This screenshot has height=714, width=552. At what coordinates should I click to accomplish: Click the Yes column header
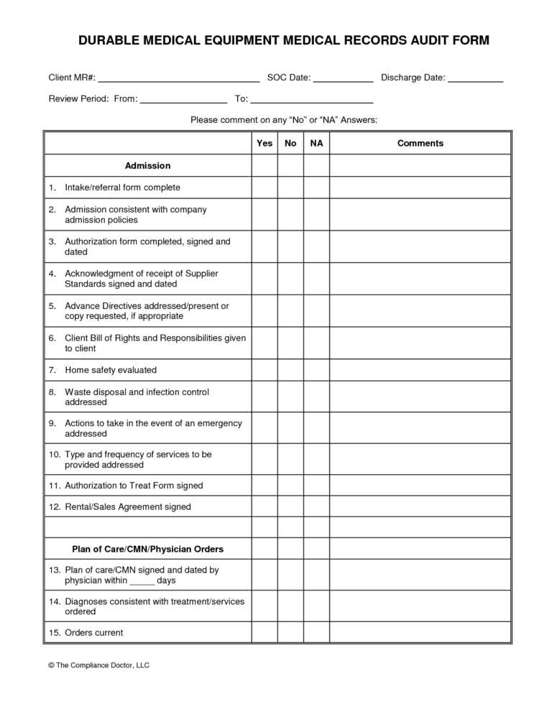point(264,144)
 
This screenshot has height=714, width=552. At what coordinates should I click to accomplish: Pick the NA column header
point(316,144)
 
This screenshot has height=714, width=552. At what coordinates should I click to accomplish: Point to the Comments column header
point(420,144)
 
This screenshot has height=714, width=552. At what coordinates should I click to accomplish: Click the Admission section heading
point(147,166)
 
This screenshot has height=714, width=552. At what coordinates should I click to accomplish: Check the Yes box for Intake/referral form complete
point(264,187)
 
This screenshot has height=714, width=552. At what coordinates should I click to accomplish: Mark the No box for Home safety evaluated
point(290,370)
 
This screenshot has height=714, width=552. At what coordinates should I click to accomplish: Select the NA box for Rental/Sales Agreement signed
point(316,507)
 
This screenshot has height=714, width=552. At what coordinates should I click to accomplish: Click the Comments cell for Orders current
point(420,633)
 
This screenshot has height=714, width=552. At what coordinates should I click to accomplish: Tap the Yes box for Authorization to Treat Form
point(264,486)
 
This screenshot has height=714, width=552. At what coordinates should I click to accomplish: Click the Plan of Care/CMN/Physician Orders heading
point(147,550)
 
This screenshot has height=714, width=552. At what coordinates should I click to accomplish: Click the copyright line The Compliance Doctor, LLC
point(98,666)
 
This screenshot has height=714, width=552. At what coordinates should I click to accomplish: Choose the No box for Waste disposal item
point(290,397)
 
